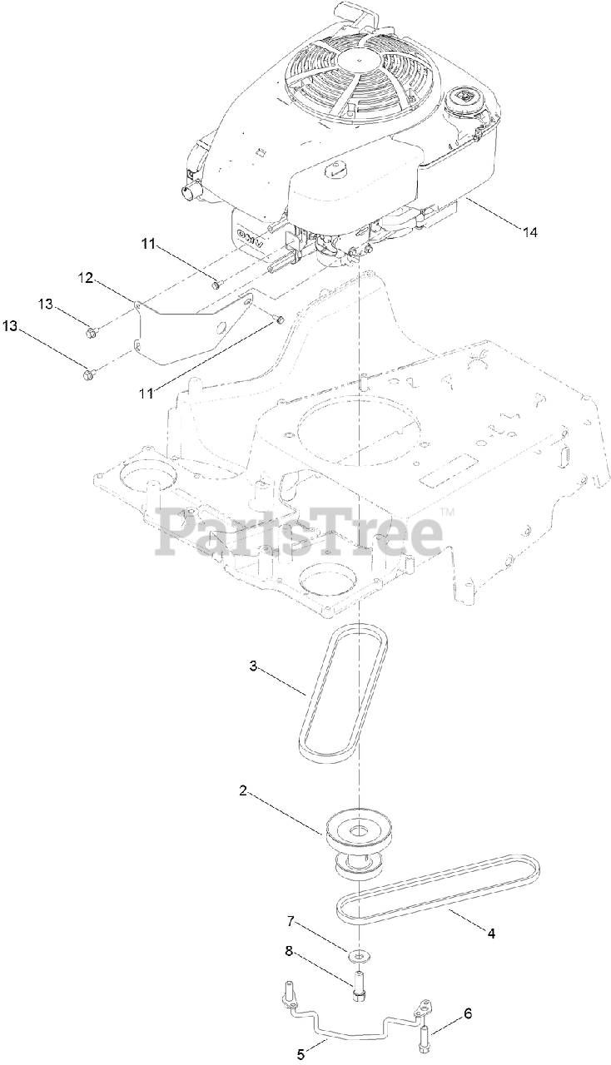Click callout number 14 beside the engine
click(x=529, y=232)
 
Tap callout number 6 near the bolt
click(x=468, y=1013)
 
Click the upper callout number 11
click(x=148, y=244)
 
